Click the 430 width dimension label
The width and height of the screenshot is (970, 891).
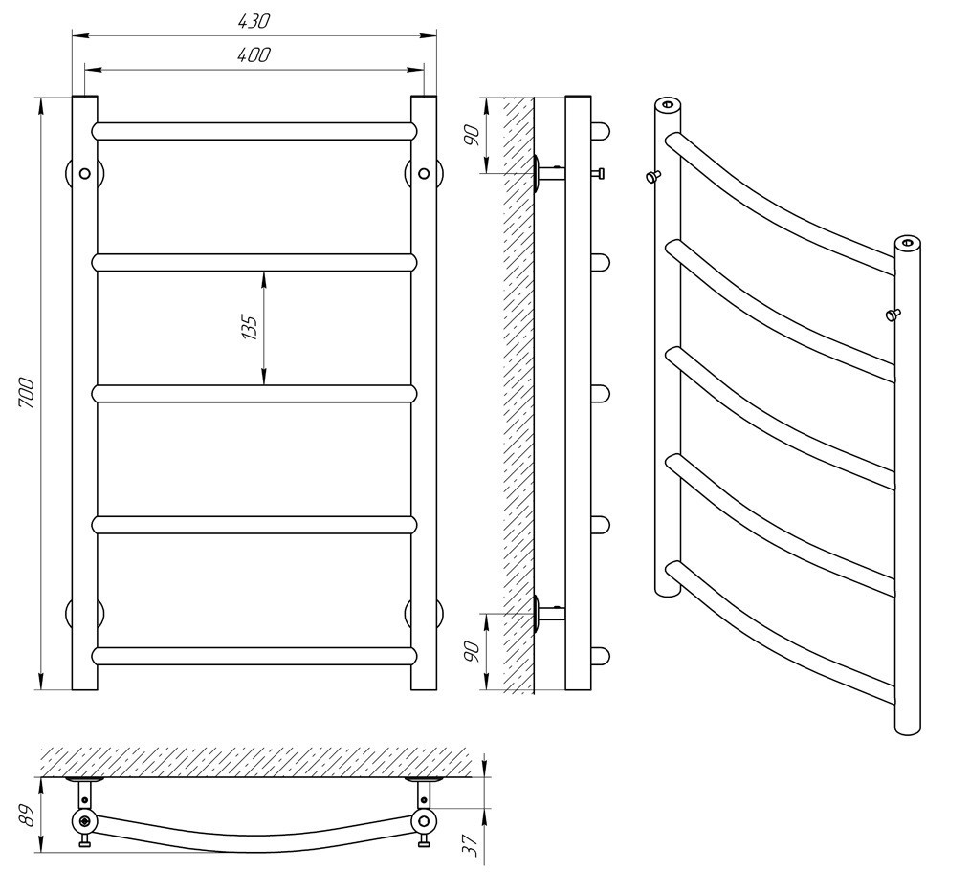254,21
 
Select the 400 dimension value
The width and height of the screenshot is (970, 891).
254,55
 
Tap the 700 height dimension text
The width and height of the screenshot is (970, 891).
27,393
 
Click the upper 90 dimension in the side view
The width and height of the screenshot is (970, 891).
472,136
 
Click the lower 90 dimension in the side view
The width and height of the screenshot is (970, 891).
472,652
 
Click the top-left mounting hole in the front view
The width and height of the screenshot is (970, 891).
85,174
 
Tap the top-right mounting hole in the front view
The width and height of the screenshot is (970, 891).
424,174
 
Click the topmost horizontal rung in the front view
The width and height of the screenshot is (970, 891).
254,131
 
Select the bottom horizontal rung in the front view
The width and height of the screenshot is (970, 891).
254,656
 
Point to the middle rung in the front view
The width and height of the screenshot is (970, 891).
254,394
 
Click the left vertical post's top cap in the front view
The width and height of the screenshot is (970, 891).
85,98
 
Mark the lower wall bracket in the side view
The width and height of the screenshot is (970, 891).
549,613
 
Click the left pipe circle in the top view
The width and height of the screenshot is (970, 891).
84,821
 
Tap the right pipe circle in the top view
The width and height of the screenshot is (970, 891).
424,821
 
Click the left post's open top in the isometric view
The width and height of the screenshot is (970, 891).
668,104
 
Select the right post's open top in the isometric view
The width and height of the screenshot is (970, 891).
908,243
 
